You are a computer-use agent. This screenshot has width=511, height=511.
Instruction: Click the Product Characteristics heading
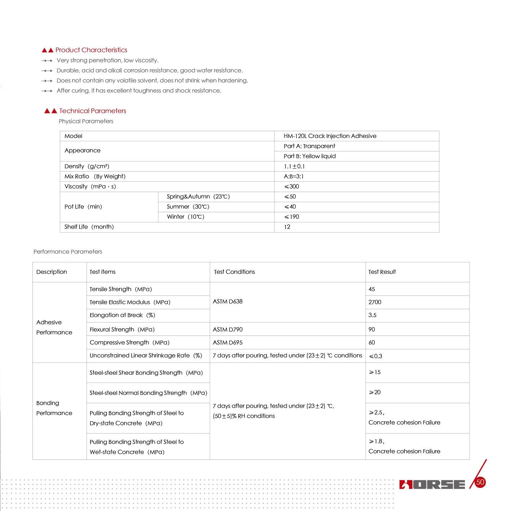91,50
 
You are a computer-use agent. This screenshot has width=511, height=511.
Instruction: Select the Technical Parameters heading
92,111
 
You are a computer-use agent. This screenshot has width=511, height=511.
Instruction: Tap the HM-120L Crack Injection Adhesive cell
330,136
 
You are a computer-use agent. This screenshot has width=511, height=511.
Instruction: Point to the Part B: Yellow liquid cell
309,156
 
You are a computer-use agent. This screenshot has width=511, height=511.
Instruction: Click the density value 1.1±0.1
294,166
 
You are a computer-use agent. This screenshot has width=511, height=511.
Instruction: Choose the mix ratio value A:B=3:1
294,176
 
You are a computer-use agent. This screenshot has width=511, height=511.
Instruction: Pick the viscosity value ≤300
291,186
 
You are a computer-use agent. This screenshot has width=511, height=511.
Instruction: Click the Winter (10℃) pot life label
185,217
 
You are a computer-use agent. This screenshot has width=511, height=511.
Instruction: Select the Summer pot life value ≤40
290,206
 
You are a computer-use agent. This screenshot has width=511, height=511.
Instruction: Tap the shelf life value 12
287,227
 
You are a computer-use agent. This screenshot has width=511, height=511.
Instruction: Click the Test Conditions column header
234,272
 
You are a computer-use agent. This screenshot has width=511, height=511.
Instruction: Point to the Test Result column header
382,272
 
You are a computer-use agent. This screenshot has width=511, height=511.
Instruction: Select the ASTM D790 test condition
228,329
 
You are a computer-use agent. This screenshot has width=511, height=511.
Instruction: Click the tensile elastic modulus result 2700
375,302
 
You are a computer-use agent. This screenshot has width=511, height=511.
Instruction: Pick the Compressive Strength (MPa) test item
129,342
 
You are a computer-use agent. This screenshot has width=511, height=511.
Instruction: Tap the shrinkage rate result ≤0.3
375,356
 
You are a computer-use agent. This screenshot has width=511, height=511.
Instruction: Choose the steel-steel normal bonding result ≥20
375,392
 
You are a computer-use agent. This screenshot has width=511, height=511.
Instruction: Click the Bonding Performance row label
54,408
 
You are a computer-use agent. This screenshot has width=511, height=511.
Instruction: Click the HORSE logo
432,484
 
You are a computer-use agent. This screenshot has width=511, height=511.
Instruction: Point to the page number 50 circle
480,482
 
